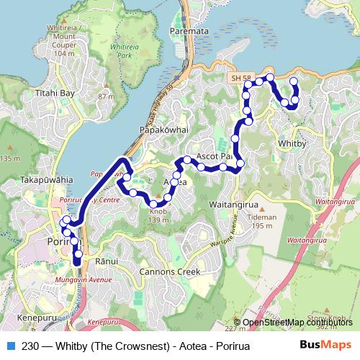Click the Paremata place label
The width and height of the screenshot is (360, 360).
[188, 32]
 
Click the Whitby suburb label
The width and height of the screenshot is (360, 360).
[292, 143]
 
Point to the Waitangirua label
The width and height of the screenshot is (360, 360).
[230, 204]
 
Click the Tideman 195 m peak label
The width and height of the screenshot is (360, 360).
[261, 220]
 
